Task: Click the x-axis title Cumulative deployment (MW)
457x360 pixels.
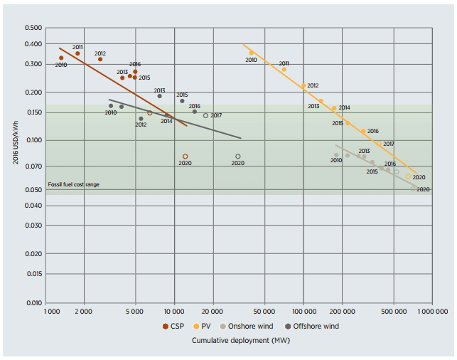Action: click(241, 340)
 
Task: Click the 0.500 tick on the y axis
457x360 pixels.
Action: click(34, 28)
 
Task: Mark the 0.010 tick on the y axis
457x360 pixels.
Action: click(34, 303)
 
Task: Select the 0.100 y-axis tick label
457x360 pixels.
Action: click(34, 140)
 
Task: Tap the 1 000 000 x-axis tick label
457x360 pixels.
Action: click(431, 312)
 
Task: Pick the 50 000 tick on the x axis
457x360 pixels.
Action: click(264, 312)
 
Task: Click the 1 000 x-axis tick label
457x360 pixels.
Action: click(52, 312)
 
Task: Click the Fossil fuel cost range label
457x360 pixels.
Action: click(74, 184)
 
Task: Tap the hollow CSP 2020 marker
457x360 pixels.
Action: click(186, 157)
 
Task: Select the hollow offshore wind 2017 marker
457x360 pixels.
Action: click(206, 115)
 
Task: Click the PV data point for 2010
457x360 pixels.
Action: click(251, 53)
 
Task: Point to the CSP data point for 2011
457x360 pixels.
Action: click(77, 53)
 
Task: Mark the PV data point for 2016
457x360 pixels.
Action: click(362, 131)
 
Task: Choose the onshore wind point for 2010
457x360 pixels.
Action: click(337, 155)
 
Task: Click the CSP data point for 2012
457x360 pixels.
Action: click(100, 59)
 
